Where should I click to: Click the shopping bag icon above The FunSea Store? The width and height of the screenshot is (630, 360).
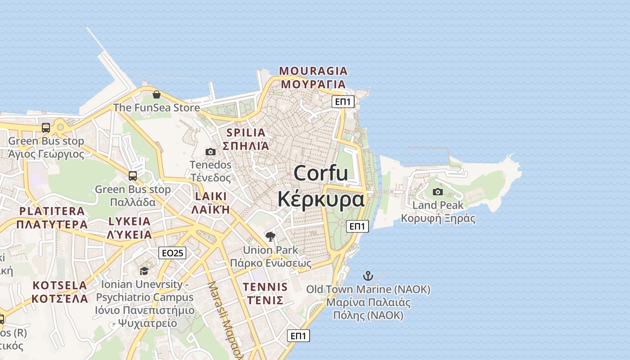coord(157,94)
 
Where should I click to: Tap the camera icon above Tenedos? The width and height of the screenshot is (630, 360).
coord(210,152)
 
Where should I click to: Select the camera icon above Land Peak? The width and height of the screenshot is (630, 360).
coord(437,192)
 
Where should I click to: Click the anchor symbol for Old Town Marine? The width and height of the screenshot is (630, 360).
coord(368,276)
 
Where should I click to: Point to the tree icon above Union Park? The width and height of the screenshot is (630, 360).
coord(270,237)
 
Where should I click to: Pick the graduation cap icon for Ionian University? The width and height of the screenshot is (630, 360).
coord(144,270)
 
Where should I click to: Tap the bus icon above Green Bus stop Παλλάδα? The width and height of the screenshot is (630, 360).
coord(132,176)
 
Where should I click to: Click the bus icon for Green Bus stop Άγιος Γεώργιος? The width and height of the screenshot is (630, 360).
coord(46,128)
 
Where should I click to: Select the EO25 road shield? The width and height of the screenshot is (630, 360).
coord(172,253)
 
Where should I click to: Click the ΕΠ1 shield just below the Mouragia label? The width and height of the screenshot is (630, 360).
coord(343,102)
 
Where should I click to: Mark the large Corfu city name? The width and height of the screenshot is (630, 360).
coord(321,173)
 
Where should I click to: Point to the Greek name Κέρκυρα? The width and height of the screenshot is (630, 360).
coord(321,199)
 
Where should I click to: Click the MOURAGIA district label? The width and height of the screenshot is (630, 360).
coord(313,71)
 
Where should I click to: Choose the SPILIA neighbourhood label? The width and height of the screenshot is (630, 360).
coord(246,133)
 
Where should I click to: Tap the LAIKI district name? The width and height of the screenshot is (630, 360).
coord(211,197)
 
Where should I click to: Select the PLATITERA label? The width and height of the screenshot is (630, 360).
coord(52,211)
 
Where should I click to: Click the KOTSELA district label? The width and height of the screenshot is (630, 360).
coord(60,285)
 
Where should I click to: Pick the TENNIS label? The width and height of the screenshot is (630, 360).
coord(265,287)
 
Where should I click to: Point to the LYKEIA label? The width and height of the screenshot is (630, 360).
coord(130,221)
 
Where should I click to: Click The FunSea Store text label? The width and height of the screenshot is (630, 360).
coord(156,108)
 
